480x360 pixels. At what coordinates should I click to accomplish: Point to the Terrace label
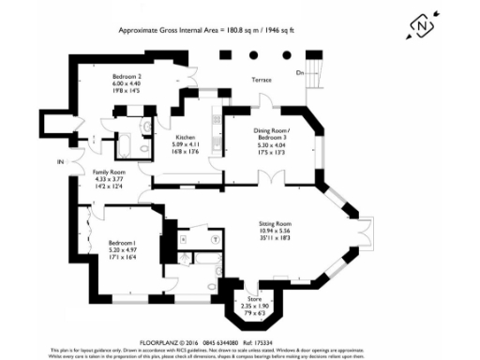click(x=261, y=80)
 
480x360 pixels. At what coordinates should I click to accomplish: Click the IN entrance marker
click(x=59, y=162)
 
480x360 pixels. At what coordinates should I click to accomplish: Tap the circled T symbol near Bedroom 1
click(x=217, y=238)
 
